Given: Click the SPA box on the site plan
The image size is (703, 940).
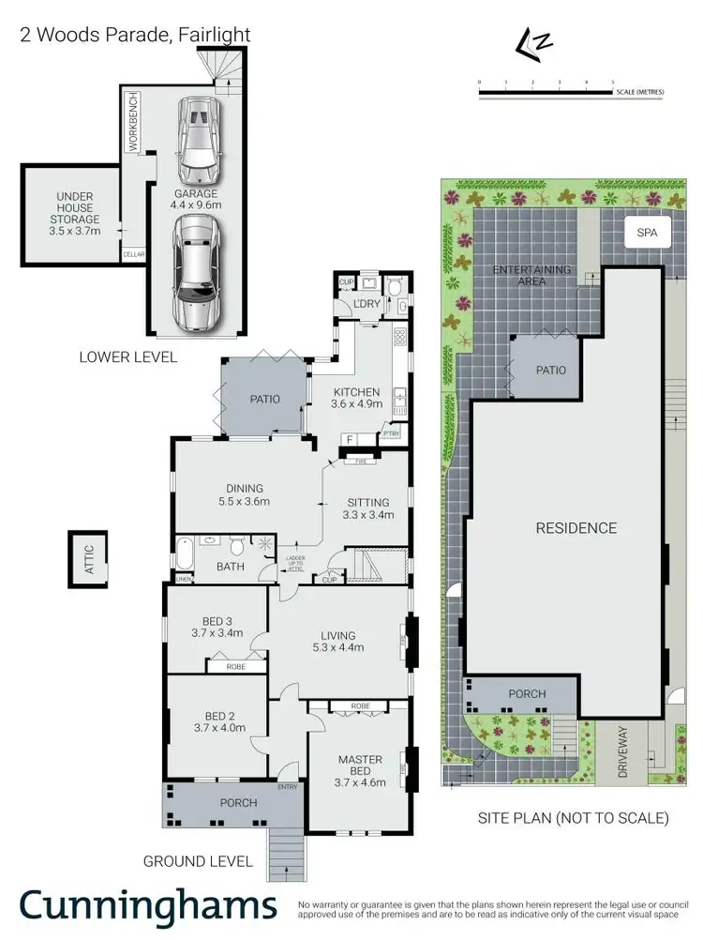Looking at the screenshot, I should [647, 232].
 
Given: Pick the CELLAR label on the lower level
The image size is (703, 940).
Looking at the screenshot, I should [133, 254].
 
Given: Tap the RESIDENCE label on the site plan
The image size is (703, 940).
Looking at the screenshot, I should [576, 528].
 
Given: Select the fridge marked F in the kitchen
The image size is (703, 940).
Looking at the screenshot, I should [349, 438].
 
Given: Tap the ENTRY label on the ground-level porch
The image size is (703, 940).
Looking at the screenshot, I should [286, 787].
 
